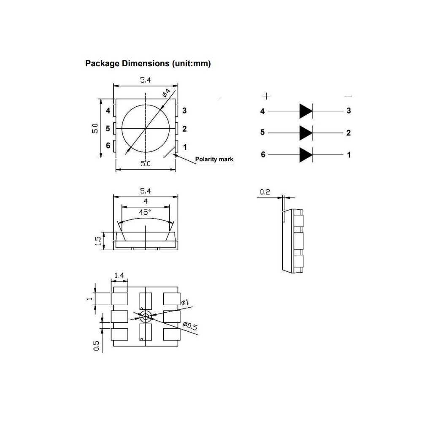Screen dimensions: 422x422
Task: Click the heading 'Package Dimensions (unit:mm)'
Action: point(148,64)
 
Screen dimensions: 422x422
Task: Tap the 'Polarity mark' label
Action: point(214,160)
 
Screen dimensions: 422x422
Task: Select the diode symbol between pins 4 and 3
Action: point(306,111)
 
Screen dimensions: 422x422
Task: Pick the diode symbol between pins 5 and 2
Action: point(306,133)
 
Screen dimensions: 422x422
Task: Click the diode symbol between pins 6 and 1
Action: point(306,155)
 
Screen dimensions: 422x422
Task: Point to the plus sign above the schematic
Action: point(267,96)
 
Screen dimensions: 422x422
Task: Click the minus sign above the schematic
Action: point(348,96)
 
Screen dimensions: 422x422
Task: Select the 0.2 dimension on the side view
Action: point(265,192)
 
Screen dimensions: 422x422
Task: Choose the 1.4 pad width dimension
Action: point(119,276)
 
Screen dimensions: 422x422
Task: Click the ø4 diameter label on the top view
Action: point(166,92)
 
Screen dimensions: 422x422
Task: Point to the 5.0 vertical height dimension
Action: point(95,128)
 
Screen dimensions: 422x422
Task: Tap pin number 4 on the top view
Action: point(108,111)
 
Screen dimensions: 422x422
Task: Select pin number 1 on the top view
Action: point(184,147)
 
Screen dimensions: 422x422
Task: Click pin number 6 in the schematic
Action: point(263,155)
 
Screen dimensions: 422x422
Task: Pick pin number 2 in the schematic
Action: point(349,133)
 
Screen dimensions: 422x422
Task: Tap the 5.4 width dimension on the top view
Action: point(145,80)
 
